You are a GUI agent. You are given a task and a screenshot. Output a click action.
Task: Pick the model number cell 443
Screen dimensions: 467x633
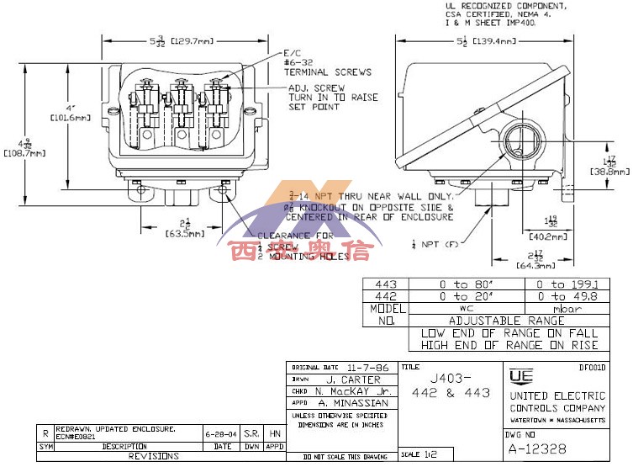pyautogui.click(x=383, y=284)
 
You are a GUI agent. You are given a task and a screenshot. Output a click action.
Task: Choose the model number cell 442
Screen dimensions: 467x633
pyautogui.click(x=383, y=296)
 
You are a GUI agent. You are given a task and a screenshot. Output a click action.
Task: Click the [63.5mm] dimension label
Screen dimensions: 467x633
pyautogui.click(x=183, y=235)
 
